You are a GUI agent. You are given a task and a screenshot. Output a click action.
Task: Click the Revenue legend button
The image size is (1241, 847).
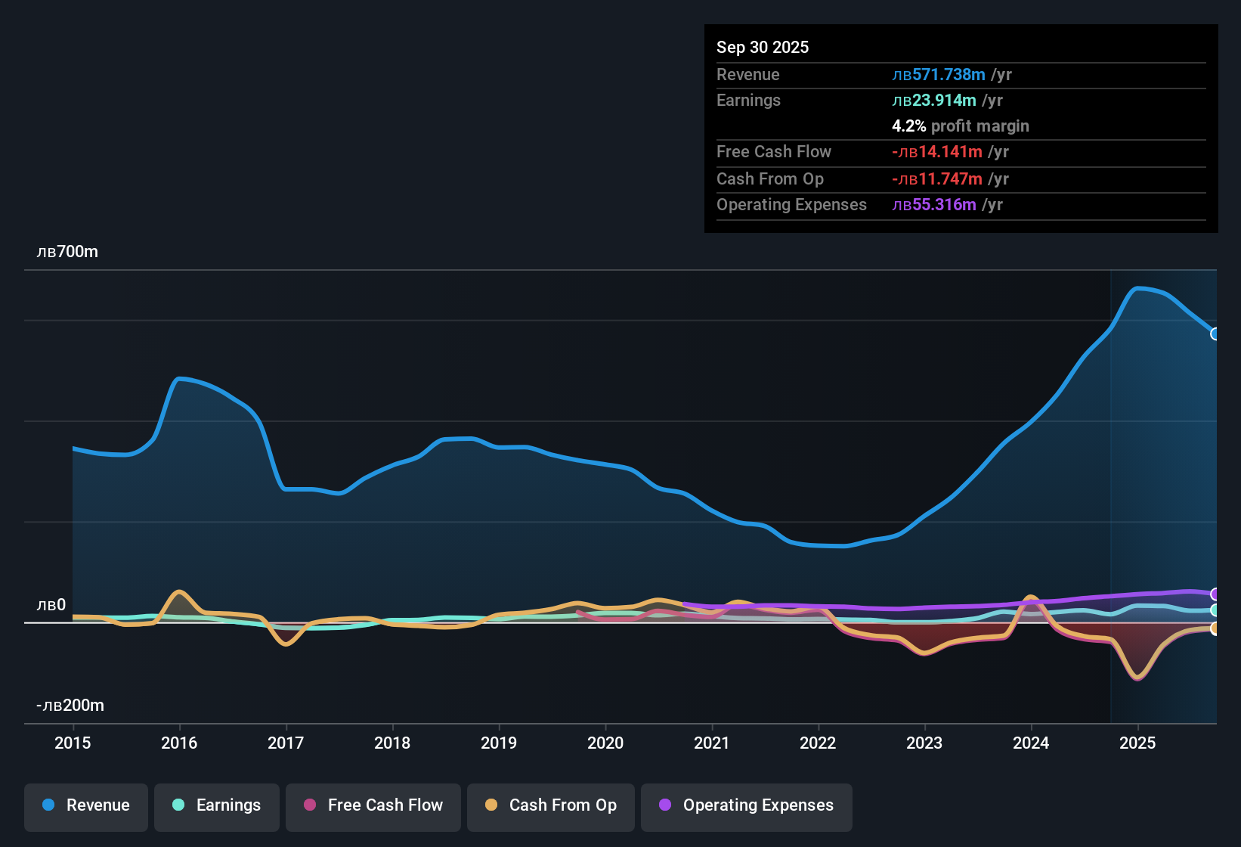86,805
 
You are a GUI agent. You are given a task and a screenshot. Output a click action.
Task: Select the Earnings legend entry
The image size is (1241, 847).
216,805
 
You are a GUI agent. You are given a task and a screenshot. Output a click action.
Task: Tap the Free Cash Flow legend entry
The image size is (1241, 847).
373,805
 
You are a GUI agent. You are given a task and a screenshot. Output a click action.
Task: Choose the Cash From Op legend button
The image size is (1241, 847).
551,805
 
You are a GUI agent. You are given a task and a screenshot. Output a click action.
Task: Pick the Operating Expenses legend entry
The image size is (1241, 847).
746,805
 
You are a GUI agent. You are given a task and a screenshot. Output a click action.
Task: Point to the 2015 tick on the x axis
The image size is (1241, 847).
73,743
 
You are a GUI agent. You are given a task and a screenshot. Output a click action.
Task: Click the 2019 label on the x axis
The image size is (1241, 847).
499,743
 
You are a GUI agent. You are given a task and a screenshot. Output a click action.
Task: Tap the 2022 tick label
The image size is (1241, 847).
818,743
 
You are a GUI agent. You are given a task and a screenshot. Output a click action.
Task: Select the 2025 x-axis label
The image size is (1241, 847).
1137,743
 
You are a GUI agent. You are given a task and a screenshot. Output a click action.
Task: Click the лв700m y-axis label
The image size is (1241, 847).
67,252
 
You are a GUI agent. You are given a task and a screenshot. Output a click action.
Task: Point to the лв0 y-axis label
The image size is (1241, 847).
51,605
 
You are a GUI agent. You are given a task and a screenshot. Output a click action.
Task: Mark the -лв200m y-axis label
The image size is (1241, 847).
70,706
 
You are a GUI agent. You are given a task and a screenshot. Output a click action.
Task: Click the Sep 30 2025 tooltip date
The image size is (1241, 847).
763,47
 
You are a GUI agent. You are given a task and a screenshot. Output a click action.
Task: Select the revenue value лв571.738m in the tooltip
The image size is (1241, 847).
939,74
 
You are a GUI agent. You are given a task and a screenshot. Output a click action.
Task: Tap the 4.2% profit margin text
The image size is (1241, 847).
961,126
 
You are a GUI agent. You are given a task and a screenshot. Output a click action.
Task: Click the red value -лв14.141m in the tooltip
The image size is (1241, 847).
937,151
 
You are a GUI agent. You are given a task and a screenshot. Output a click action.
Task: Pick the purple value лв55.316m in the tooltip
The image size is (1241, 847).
934,204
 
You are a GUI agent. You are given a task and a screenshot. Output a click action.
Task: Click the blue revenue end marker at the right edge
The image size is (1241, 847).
1215,334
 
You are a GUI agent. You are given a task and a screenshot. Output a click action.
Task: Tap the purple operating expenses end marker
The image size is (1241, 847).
1215,594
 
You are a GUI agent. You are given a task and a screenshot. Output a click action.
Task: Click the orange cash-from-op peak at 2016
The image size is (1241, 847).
179,592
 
